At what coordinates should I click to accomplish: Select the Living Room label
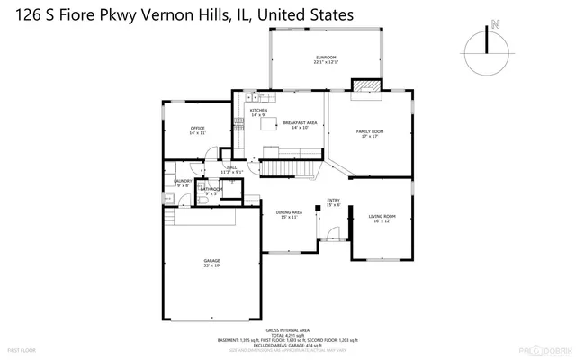click(382, 219)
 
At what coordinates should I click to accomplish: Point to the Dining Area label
click(289, 214)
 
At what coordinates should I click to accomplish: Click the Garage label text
click(211, 263)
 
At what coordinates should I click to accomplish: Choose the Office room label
click(197, 130)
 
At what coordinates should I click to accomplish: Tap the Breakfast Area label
click(300, 125)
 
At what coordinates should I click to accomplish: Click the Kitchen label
click(258, 112)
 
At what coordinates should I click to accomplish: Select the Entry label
click(333, 202)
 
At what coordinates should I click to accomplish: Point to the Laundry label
click(182, 184)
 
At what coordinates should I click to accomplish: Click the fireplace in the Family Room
click(364, 86)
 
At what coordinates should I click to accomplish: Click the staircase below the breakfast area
click(286, 167)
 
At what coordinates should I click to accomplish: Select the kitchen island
click(269, 125)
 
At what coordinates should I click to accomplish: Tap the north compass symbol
click(486, 48)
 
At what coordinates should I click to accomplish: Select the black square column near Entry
click(319, 212)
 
